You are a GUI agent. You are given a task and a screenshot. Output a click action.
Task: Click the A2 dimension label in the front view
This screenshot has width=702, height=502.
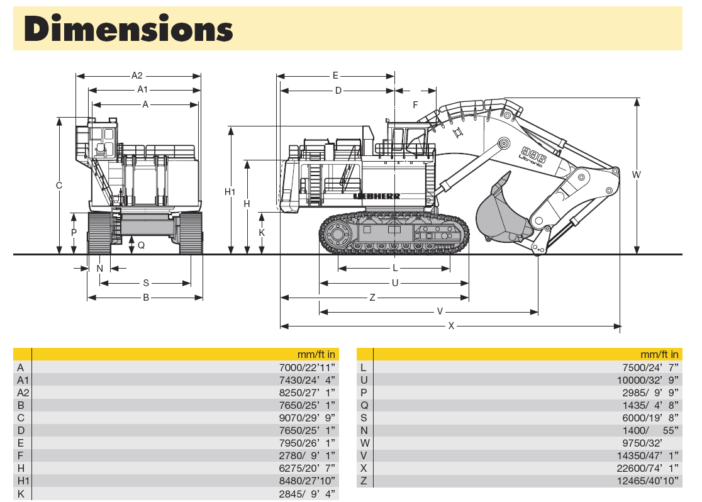[x=137, y=76]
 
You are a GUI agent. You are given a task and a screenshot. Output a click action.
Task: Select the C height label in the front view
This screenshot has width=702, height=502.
[x=59, y=186]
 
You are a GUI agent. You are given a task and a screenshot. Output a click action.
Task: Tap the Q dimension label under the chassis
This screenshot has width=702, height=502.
[x=141, y=245]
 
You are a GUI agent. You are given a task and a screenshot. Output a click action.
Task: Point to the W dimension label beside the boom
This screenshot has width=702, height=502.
[x=637, y=175]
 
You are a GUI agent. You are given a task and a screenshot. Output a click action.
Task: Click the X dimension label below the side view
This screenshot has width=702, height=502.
[x=451, y=326]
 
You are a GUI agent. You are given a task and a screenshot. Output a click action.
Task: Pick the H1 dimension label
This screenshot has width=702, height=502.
[x=231, y=192]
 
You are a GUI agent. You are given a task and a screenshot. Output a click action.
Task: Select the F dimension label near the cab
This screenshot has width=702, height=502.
[x=415, y=105]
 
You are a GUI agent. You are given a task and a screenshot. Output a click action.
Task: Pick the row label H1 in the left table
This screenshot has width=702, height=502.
[x=23, y=481]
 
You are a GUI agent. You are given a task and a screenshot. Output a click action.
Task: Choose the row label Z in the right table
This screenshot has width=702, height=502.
[x=364, y=481]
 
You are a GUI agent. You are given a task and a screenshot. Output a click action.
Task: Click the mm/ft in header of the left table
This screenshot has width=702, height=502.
[x=316, y=354]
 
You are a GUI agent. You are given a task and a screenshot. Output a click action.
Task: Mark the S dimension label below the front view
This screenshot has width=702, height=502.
[x=146, y=283]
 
